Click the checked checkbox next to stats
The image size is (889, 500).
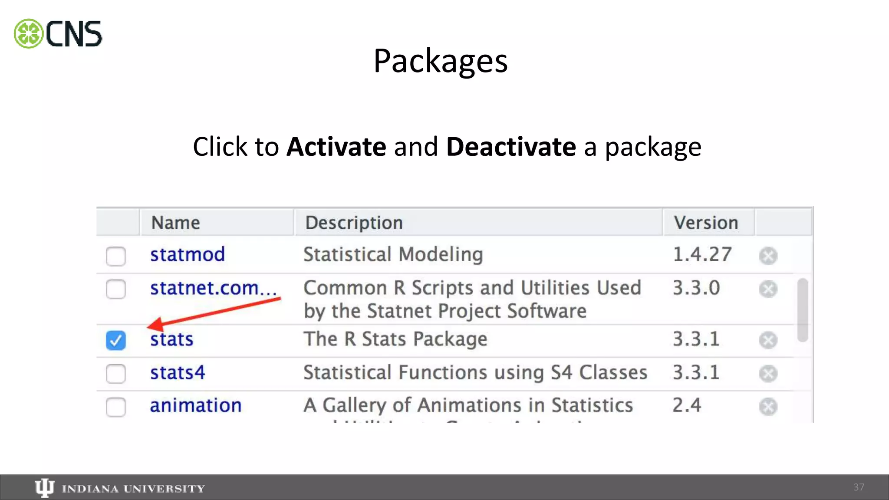point(116,340)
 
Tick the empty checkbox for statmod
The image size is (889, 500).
point(116,256)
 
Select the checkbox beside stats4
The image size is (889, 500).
point(116,374)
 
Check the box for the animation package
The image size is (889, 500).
point(116,407)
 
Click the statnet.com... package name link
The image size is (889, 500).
point(213,288)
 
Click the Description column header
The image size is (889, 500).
point(354,223)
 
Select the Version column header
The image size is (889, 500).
point(706,223)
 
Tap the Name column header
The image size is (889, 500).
point(175,223)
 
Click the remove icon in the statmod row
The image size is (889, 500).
point(768,256)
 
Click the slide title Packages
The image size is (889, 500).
point(440,61)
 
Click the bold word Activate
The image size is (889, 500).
point(336,147)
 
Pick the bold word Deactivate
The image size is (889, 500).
point(511,147)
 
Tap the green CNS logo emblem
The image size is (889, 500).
point(29,34)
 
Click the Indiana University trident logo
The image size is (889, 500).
point(44,488)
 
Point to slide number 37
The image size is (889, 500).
point(859,487)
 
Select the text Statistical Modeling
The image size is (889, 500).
point(393,255)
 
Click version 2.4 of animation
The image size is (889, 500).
point(687,405)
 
